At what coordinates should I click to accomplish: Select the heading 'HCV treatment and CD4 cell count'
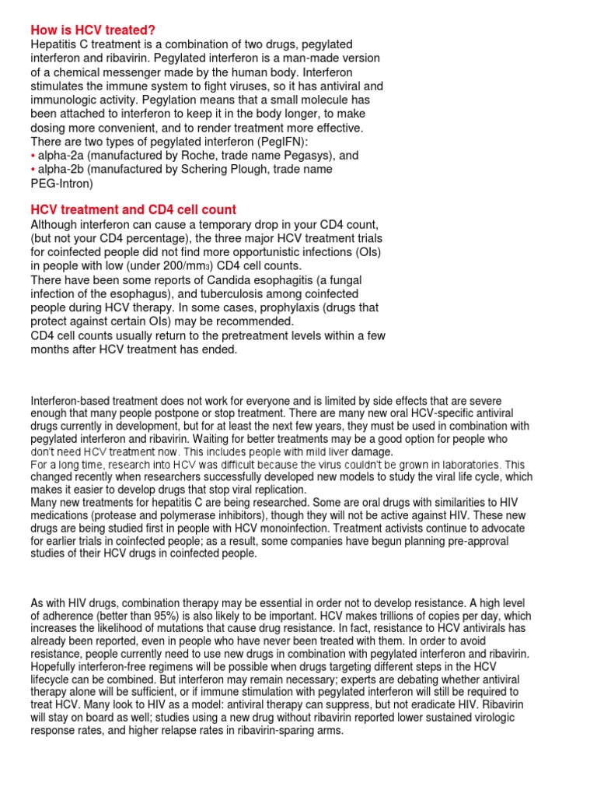(x=133, y=210)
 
